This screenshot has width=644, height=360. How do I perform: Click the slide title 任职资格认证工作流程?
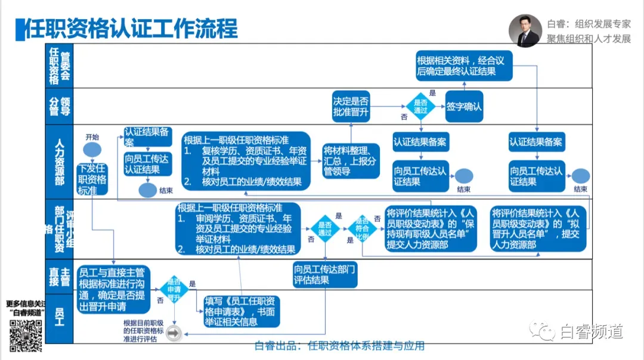click(x=130, y=28)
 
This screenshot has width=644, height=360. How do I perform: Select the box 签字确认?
click(x=464, y=107)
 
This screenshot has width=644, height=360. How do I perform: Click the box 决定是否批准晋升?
click(x=351, y=107)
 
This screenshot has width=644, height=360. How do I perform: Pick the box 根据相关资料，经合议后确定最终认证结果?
click(x=465, y=66)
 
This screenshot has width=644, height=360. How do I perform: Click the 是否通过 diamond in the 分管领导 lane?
click(x=421, y=107)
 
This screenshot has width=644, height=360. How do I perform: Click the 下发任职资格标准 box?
click(x=92, y=179)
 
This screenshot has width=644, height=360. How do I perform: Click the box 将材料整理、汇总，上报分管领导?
click(x=350, y=160)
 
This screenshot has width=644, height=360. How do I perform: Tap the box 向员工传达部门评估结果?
click(x=325, y=275)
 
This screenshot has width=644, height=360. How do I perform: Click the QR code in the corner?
click(x=25, y=335)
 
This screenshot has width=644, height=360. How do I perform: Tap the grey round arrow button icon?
click(x=174, y=334)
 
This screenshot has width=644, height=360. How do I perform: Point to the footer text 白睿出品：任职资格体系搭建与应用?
click(x=339, y=346)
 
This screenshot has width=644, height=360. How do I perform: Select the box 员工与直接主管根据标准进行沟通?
click(x=113, y=288)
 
